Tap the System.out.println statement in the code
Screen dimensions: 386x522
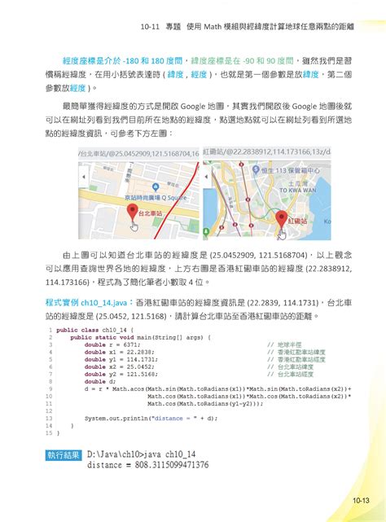point(143,418)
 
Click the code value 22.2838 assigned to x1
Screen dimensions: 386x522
point(132,352)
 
